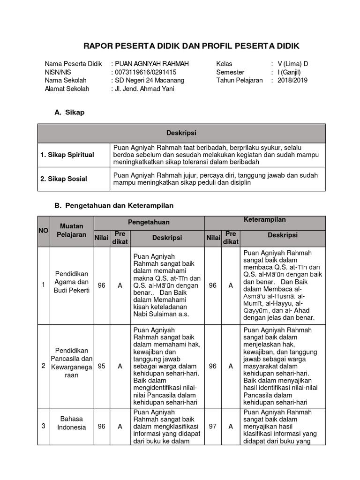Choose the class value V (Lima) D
[292, 64]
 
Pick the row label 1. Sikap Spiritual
[73, 155]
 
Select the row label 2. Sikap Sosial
[70, 179]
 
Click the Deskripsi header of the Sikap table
[181, 133]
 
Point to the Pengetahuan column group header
[149, 222]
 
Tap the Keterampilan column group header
[265, 220]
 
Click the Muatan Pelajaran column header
[71, 230]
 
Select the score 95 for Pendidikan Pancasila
[101, 366]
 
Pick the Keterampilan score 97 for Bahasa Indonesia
[212, 427]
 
